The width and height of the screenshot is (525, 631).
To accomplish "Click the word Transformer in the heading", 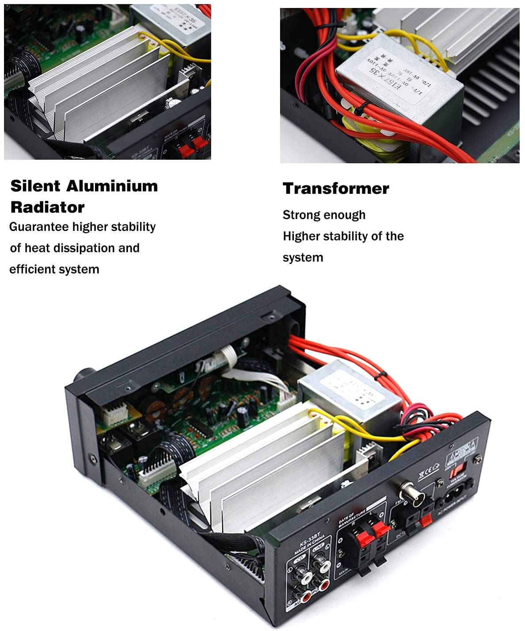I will point(336,189).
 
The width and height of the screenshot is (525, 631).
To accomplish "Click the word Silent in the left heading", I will point(35,186).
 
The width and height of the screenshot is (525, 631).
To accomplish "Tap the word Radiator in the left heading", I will point(47,207).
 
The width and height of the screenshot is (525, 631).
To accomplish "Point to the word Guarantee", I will point(39,227).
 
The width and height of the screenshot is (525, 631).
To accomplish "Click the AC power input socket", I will point(455,496).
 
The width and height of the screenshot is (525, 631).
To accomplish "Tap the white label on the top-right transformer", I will point(398,73).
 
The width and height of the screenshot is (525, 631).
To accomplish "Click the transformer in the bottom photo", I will point(349,389).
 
